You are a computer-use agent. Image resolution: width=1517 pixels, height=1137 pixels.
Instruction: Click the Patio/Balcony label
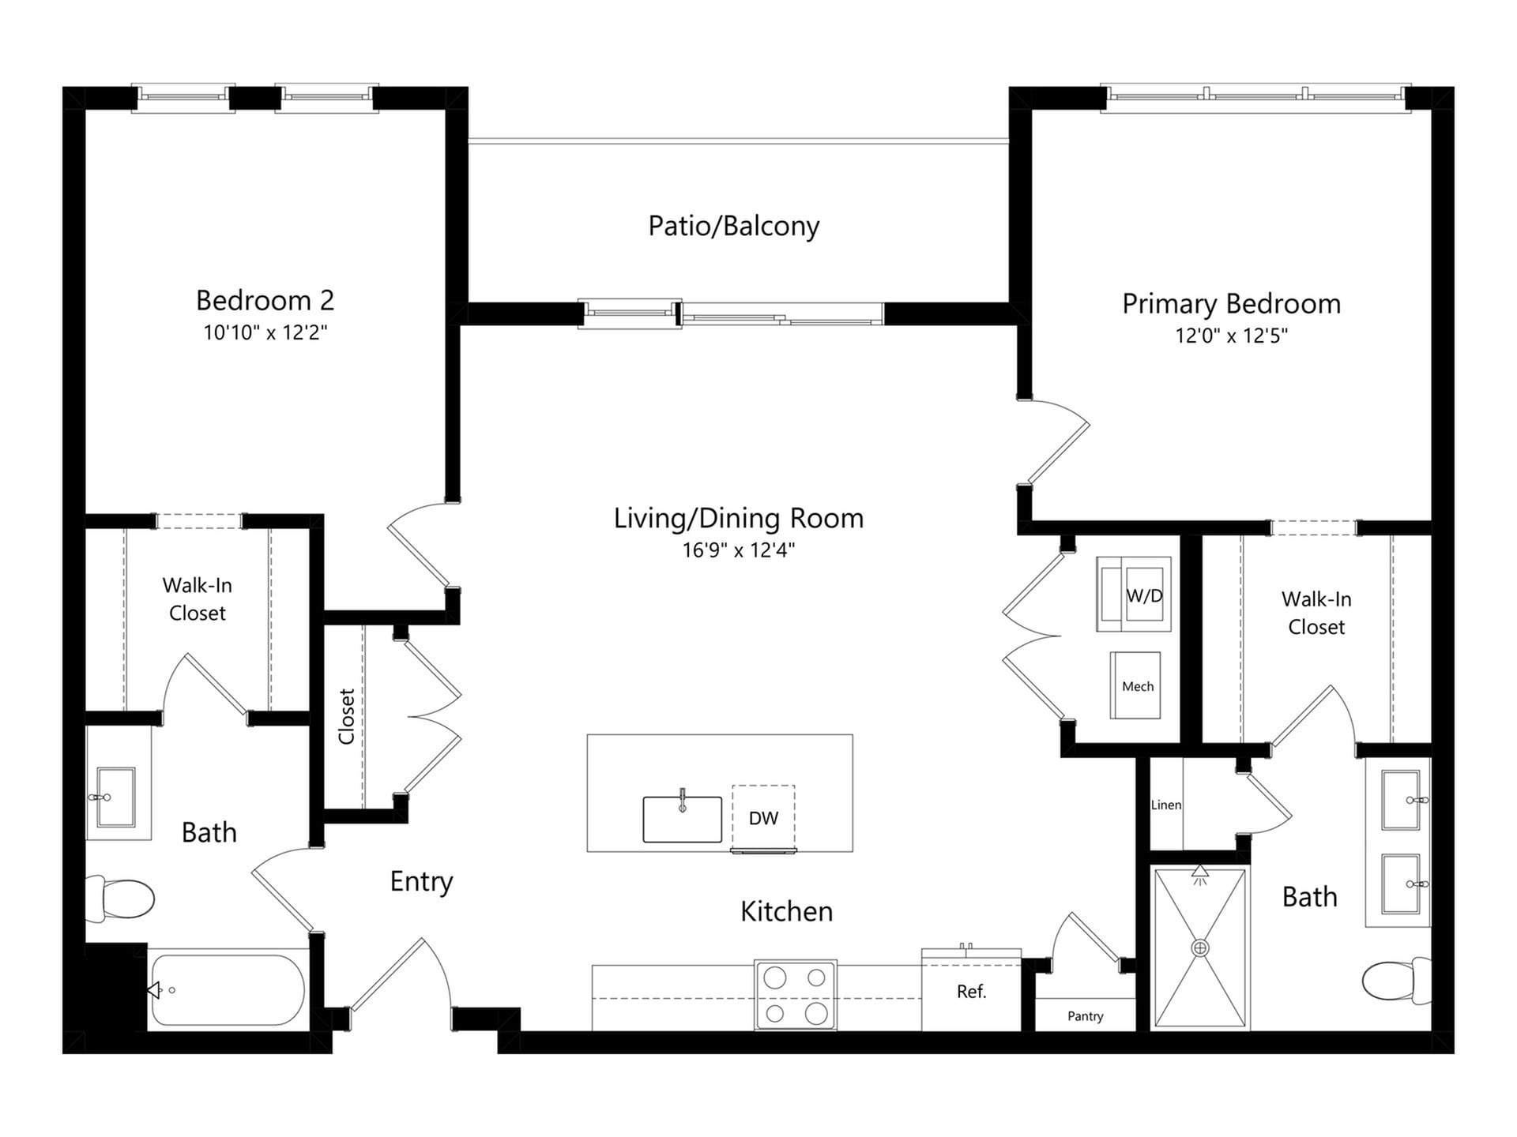coord(733,227)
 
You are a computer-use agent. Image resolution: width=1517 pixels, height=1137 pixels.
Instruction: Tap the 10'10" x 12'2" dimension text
coord(265,332)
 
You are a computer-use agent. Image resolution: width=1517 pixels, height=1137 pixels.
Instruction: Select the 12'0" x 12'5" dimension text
coord(1231,336)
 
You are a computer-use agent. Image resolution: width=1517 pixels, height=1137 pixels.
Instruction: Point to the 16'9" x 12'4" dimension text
coord(738,550)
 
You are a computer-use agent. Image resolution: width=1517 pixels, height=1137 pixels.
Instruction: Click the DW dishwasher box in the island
coord(763,818)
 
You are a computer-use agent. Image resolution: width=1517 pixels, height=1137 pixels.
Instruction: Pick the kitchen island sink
coord(682,820)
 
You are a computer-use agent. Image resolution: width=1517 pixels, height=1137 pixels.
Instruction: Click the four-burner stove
coord(795,995)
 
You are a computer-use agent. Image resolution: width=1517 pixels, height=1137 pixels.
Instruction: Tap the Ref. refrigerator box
coord(971,992)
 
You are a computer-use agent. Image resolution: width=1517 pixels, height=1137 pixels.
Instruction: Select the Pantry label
coord(1085,1016)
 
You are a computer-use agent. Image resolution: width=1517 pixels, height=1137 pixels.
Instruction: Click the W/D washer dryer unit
coord(1134,595)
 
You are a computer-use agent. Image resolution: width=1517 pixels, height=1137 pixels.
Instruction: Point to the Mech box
coord(1136,685)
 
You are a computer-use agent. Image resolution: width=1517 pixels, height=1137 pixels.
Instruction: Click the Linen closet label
coord(1165,805)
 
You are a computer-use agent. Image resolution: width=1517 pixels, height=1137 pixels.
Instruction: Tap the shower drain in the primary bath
coord(1200,947)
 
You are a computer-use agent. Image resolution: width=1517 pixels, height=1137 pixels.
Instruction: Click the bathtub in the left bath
coord(228,990)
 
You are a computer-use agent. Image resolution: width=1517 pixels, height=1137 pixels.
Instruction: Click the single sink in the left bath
coord(115,797)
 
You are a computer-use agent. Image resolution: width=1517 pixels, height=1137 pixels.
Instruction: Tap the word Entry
coord(421,881)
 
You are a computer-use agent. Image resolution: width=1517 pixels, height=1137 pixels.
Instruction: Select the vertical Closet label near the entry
coord(346,717)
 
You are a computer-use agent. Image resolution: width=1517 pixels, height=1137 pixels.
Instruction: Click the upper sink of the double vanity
coord(1402,801)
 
